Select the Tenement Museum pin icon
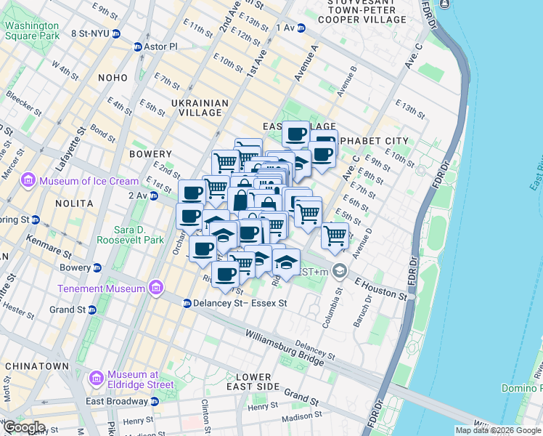(155, 288)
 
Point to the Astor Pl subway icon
(137, 47)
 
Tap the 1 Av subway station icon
(301, 28)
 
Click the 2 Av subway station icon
(152, 195)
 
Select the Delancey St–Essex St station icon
(187, 303)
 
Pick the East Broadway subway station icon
(154, 401)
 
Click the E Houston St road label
(380, 285)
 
